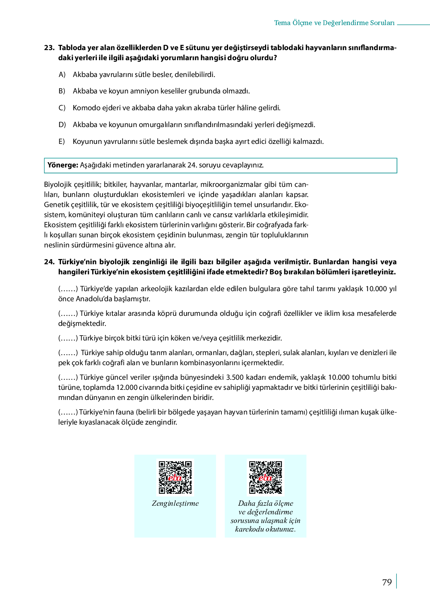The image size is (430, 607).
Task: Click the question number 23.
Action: click(x=49, y=48)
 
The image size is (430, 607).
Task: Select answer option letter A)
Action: click(x=62, y=74)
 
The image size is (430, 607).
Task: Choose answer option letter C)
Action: click(x=62, y=108)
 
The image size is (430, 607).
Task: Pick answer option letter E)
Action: click(x=62, y=142)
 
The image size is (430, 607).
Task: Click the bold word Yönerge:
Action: click(x=63, y=165)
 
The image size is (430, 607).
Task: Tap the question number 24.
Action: click(x=49, y=262)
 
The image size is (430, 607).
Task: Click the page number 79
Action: click(x=387, y=582)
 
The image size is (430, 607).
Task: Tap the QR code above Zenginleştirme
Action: click(x=175, y=477)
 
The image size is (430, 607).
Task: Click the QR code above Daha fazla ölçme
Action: click(x=265, y=477)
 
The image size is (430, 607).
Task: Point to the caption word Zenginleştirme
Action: click(x=175, y=503)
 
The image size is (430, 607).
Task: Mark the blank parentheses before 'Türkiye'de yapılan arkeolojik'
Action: click(x=68, y=289)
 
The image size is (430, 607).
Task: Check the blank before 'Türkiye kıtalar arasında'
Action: click(x=68, y=314)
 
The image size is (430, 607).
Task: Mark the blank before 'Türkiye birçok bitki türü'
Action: click(x=68, y=338)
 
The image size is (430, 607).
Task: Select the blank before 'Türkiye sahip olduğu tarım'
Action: click(x=68, y=353)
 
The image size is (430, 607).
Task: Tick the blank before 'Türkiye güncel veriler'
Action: click(x=68, y=378)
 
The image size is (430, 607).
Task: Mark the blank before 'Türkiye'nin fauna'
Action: click(x=68, y=412)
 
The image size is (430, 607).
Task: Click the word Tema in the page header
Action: click(x=282, y=23)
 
